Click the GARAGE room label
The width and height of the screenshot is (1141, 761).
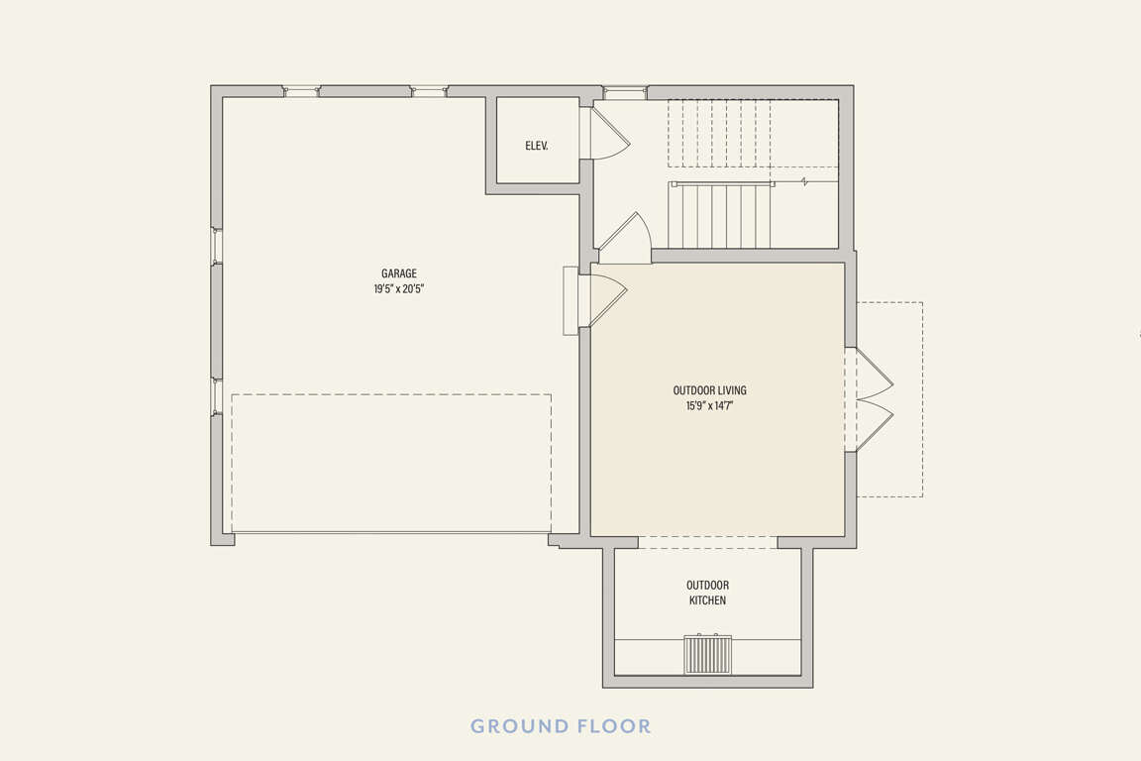pyautogui.click(x=399, y=273)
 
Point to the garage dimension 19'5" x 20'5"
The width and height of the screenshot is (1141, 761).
pyautogui.click(x=399, y=289)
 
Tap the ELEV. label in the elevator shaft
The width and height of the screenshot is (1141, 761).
pyautogui.click(x=537, y=146)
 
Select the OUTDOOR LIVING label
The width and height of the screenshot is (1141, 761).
pyautogui.click(x=709, y=390)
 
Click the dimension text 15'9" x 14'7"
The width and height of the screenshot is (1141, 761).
pyautogui.click(x=709, y=405)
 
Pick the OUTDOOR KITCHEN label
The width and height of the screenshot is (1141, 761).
pyautogui.click(x=707, y=593)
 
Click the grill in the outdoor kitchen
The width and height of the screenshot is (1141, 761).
pyautogui.click(x=707, y=654)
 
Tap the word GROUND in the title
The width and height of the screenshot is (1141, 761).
pyautogui.click(x=520, y=726)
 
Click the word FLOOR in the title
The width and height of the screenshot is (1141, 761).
pyautogui.click(x=615, y=726)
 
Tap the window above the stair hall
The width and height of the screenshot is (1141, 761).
pyautogui.click(x=625, y=92)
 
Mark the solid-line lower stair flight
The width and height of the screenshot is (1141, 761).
pyautogui.click(x=720, y=216)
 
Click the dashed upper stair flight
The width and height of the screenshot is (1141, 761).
pyautogui.click(x=753, y=133)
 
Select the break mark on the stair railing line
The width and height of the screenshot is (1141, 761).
pyautogui.click(x=805, y=182)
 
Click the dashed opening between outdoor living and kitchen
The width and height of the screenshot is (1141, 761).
pyautogui.click(x=707, y=543)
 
